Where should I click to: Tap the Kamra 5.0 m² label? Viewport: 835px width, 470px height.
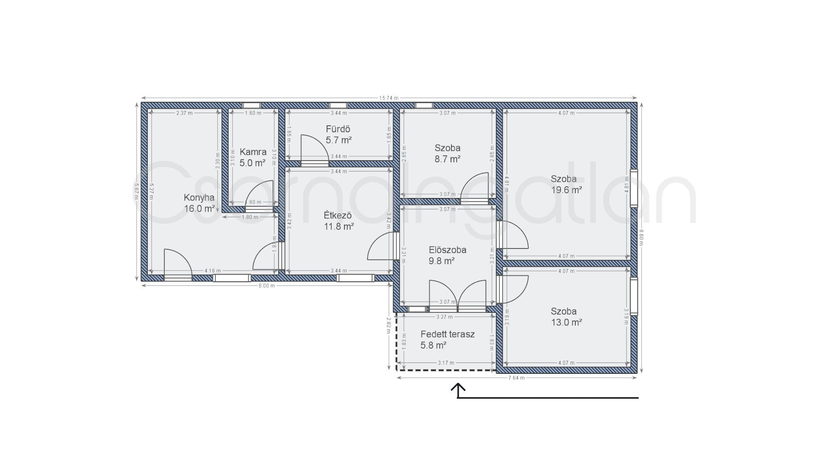(x=253, y=158)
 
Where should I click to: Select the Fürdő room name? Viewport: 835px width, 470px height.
(x=338, y=129)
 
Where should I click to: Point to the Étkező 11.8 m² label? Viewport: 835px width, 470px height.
(x=338, y=221)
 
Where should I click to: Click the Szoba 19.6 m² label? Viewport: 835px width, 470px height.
(x=566, y=185)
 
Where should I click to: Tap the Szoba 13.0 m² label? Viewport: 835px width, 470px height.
(x=566, y=317)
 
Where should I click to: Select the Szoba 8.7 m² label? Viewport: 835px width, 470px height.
(x=448, y=154)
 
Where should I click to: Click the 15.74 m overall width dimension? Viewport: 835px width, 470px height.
(x=389, y=98)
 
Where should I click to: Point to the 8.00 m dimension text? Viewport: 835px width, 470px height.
(x=267, y=285)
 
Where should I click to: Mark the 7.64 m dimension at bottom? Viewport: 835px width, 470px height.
(x=516, y=378)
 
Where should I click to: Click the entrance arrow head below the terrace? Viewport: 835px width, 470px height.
(x=458, y=387)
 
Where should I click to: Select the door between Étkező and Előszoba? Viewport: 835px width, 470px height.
(x=383, y=247)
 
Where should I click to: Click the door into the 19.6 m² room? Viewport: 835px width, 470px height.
(x=513, y=235)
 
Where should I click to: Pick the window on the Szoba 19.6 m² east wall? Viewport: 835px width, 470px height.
(x=634, y=188)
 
